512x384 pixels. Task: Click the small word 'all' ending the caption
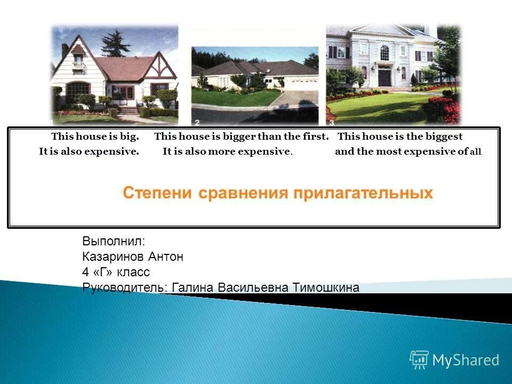tap(476, 152)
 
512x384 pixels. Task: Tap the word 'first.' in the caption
tap(314, 137)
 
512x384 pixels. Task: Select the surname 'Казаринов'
tap(110, 257)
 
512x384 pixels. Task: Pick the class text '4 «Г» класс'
tap(116, 273)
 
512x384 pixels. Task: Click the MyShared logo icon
tap(419, 360)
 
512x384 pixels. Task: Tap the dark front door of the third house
tap(384, 78)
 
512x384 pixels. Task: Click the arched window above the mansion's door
tap(384, 52)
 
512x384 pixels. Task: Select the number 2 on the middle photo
tap(197, 122)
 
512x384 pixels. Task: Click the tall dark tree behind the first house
tap(114, 44)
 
